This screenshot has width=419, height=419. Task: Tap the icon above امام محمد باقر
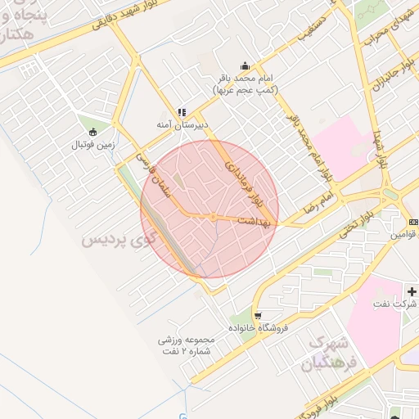coord(245,66)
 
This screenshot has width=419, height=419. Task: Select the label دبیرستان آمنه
coord(183,125)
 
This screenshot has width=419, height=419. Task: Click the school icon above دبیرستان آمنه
coord(182,112)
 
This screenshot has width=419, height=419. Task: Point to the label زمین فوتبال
coord(92,144)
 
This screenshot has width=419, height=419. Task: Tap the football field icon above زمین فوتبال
coord(92,131)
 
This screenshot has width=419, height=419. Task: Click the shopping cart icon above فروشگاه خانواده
coord(258,315)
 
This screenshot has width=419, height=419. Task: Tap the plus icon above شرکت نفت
coord(412,291)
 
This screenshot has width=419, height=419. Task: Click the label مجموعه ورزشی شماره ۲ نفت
coord(186,345)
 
